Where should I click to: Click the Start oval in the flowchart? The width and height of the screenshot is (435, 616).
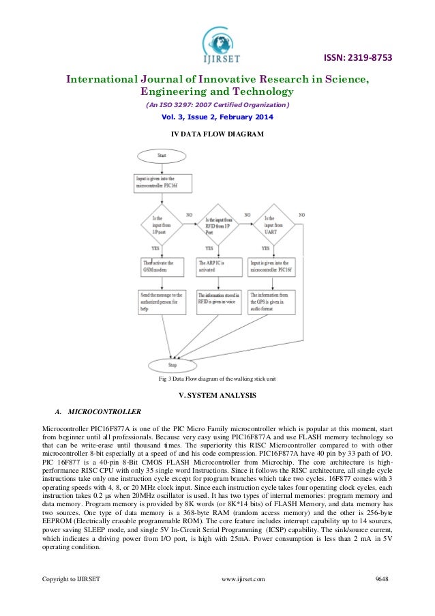tap(162, 156)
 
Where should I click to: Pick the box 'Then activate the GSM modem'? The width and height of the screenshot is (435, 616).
tap(162, 266)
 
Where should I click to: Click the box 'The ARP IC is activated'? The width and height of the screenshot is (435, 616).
tap(217, 266)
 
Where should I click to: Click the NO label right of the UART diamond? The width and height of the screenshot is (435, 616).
tap(301, 215)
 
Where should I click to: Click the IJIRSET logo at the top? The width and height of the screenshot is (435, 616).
tap(217, 42)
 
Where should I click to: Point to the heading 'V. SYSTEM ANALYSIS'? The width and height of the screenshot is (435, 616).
tap(217, 396)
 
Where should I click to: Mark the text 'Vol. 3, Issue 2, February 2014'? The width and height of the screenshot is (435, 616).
tap(217, 117)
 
